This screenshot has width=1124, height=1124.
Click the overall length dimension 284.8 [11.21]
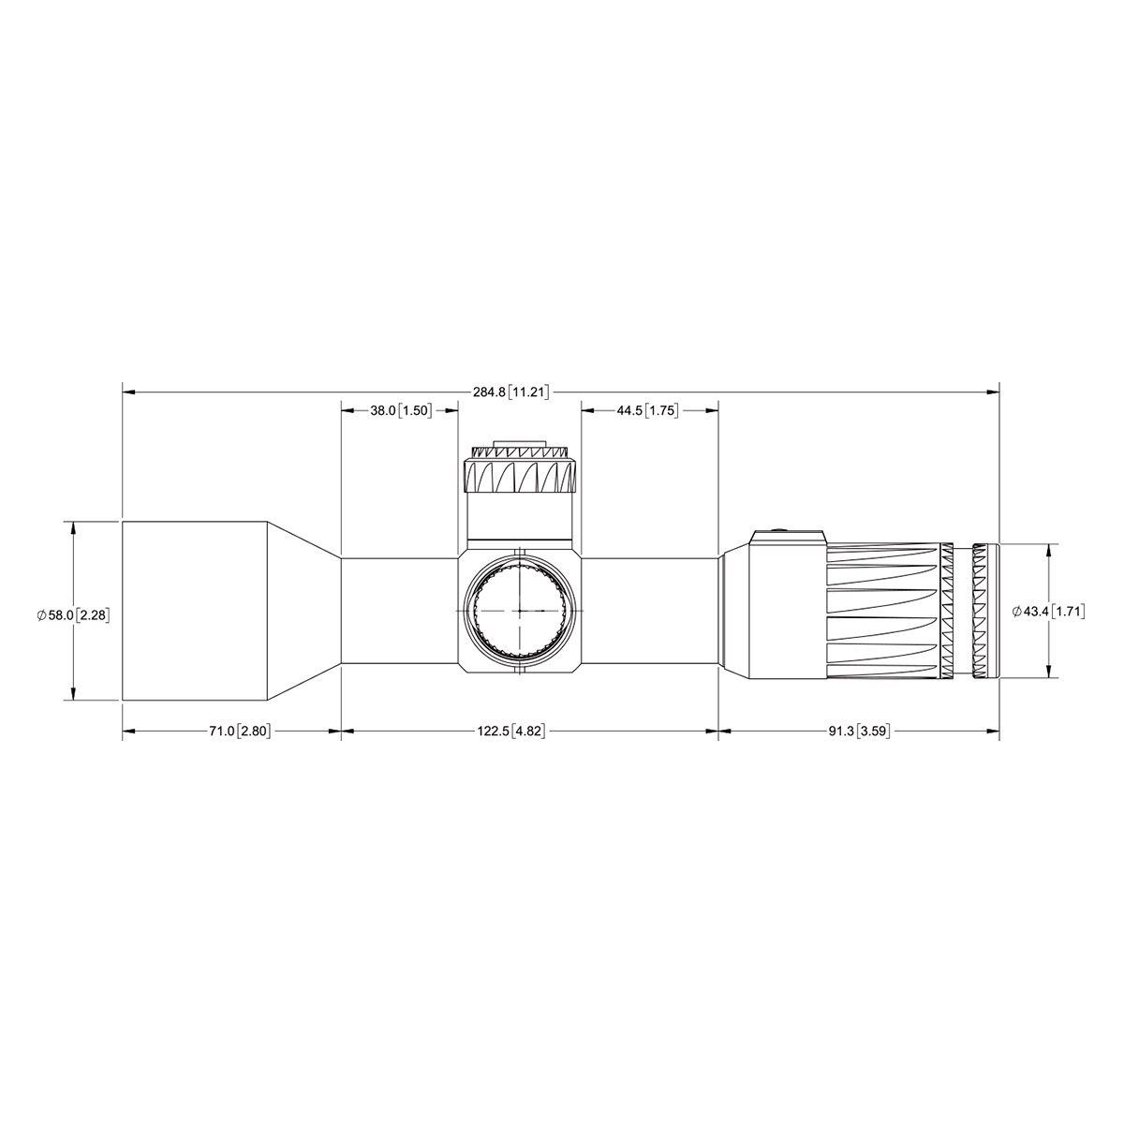click(511, 392)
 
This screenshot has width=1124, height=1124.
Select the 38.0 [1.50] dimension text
click(401, 410)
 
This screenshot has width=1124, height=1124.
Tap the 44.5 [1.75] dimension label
click(648, 410)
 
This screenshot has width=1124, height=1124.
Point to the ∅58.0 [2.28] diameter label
click(73, 614)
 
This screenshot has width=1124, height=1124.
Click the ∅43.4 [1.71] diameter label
click(1048, 612)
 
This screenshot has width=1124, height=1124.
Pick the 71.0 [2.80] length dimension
click(241, 732)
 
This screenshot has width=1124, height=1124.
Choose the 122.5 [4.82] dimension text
click(511, 732)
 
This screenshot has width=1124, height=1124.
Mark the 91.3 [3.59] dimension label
click(859, 732)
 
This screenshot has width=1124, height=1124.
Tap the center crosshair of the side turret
click(519, 611)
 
